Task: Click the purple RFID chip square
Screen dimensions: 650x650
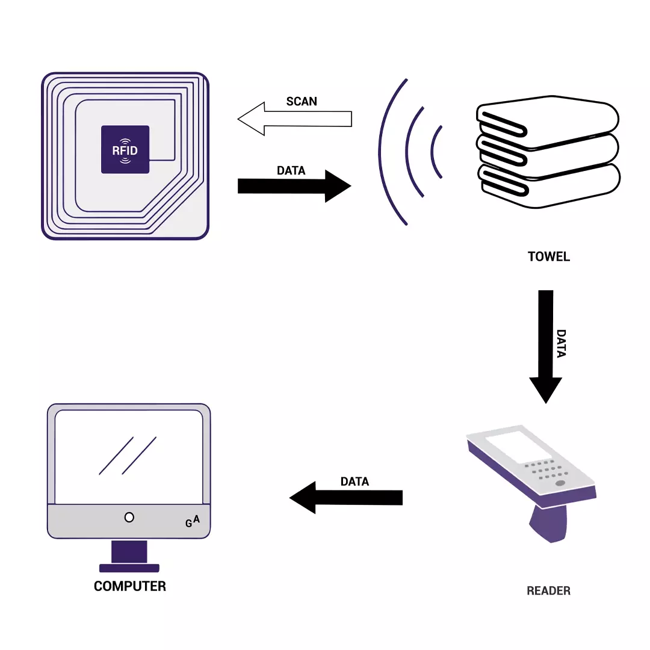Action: coord(125,149)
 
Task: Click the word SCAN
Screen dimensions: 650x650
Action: coord(302,101)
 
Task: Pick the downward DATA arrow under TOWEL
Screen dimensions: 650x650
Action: coord(545,343)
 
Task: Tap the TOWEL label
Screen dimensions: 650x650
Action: coord(548,257)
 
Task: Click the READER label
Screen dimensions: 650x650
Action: coord(548,591)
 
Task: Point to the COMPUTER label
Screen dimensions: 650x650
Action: coord(130,586)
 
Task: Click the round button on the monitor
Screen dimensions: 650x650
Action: coord(129,517)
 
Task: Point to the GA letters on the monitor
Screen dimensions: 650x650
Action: coord(192,522)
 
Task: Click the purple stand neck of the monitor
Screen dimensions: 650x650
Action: coord(129,551)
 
